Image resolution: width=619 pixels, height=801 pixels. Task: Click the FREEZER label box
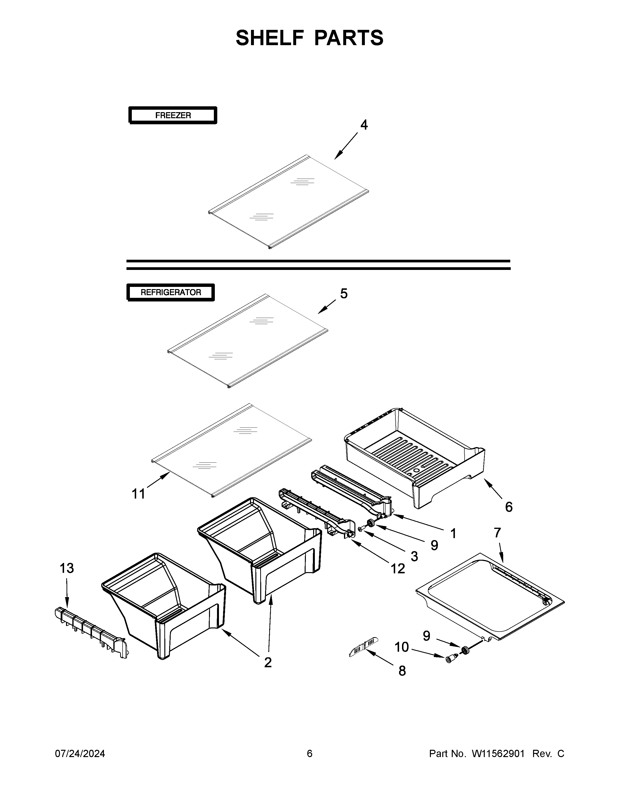173,115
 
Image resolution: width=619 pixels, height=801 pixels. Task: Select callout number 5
343,293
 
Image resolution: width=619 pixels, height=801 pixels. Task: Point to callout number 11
138,494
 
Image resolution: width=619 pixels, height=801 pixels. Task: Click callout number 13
67,568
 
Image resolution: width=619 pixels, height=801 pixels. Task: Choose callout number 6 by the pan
508,507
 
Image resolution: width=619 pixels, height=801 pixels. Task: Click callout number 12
398,568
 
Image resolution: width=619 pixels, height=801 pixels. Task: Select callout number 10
402,647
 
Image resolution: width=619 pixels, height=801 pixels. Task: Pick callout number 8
402,671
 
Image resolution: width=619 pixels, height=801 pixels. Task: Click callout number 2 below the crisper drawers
268,662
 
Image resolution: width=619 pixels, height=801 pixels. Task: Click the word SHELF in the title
270,38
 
